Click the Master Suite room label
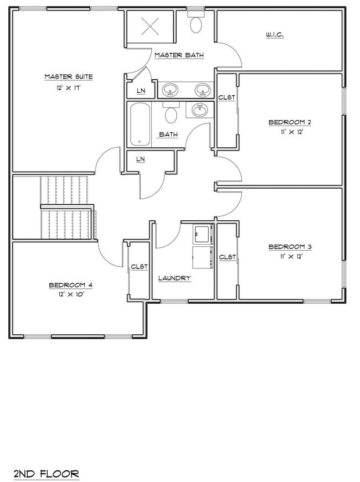tap(68, 76)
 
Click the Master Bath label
tap(178, 55)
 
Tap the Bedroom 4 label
tap(70, 285)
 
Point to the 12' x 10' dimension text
tap(70, 295)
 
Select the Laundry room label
tap(174, 278)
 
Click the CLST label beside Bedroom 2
tap(227, 97)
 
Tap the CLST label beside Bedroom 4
tap(139, 267)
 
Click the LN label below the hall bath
tap(140, 159)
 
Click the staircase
tap(66, 208)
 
